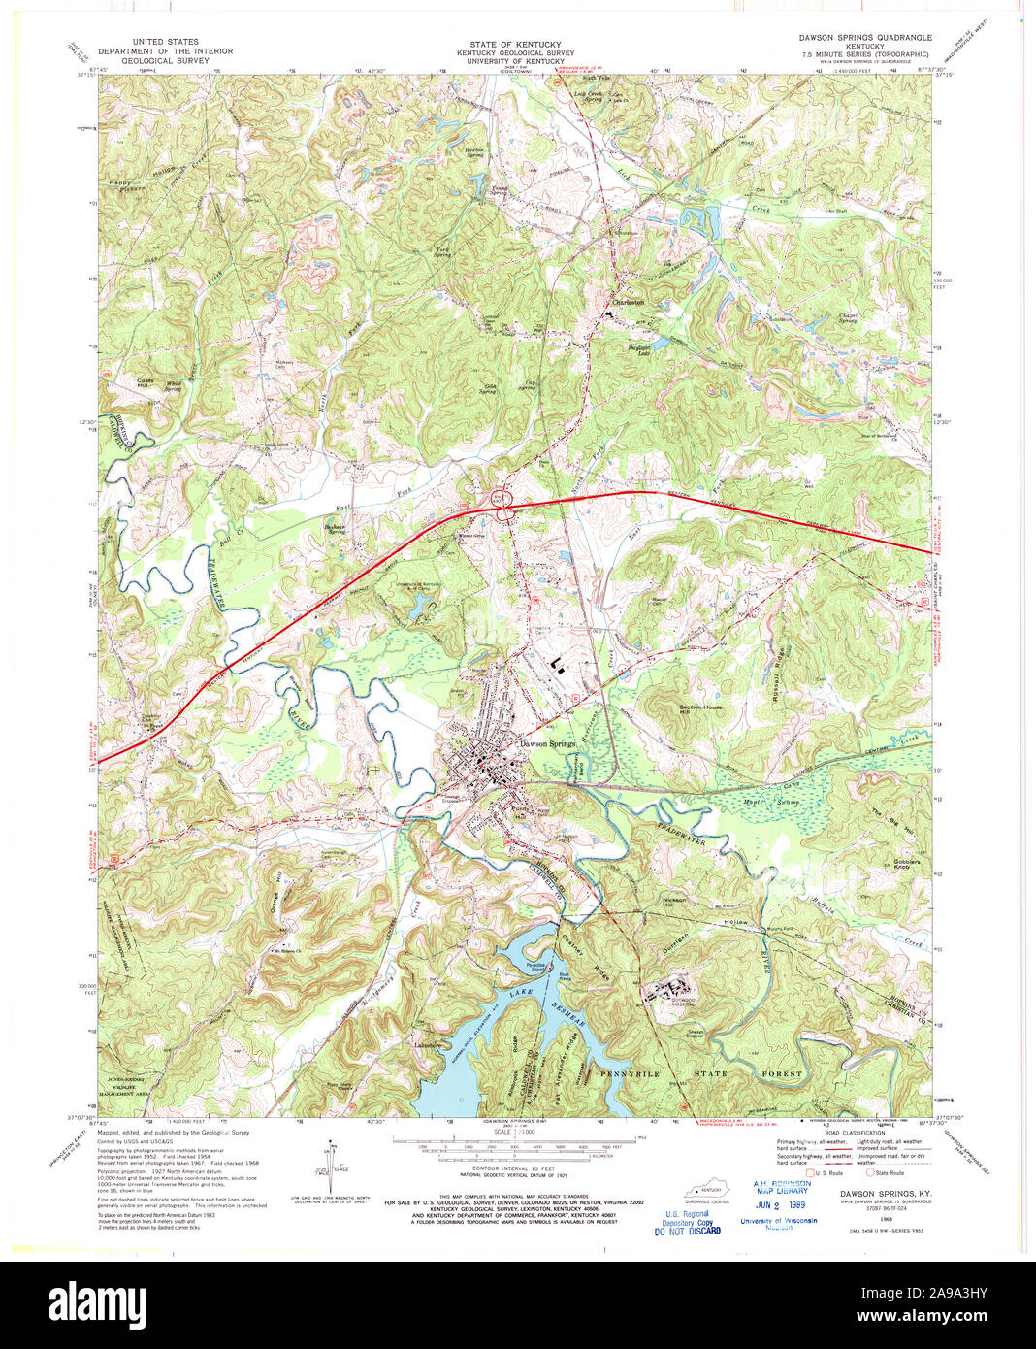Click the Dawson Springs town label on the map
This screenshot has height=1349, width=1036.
[x=548, y=744]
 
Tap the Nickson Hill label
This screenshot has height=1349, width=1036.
[x=674, y=902]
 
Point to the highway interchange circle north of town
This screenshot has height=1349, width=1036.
[x=503, y=503]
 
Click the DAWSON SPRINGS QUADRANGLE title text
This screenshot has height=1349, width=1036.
[x=865, y=38]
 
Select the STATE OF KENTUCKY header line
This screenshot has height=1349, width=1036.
[x=515, y=45]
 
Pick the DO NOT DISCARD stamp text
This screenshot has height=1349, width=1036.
[x=688, y=1231]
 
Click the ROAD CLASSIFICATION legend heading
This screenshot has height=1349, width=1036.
[x=826, y=1133]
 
